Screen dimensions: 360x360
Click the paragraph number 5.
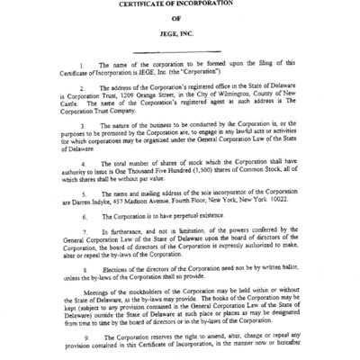coord(83,193)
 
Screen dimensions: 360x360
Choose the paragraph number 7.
coord(83,232)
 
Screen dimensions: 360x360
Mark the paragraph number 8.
coord(83,271)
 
